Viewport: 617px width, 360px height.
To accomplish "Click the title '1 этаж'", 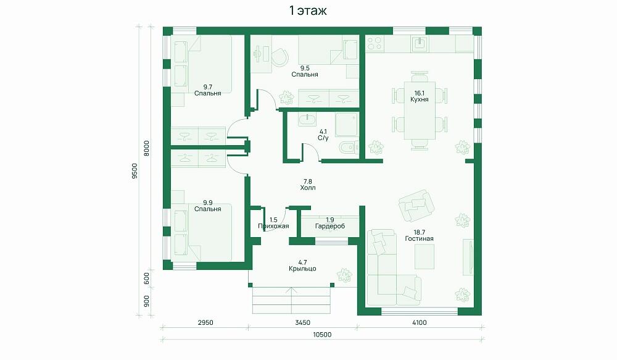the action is point(308,10).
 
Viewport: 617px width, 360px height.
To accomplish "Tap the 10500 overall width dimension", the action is point(322,335).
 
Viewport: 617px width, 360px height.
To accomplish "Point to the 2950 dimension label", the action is point(205,322).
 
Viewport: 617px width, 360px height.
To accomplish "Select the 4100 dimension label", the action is point(420,322).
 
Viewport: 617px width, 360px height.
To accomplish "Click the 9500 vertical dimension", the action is point(135,171).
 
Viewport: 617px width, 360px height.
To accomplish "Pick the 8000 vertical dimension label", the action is point(146,148).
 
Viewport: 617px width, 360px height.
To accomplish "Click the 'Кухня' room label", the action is point(420,99).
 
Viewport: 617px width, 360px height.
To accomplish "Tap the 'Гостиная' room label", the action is point(420,239).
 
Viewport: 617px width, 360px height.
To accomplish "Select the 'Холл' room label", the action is point(308,188).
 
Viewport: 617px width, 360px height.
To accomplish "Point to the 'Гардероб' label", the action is point(330,226).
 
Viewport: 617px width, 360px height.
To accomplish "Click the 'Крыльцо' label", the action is point(302,269).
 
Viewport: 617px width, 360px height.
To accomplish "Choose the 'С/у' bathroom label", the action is point(323,138).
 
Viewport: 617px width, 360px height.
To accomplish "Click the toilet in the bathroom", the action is point(349,148).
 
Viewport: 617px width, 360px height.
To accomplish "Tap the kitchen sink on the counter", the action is point(420,43).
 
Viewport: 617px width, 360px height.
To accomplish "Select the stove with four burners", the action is point(375,43).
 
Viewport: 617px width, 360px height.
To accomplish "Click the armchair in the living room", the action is point(416,206).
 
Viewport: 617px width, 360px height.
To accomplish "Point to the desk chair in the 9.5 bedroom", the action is point(280,57).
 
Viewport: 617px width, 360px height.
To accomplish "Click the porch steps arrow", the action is point(292,300).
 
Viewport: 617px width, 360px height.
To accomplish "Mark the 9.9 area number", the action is point(208,203).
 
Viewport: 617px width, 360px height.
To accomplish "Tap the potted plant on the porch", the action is point(344,275).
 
